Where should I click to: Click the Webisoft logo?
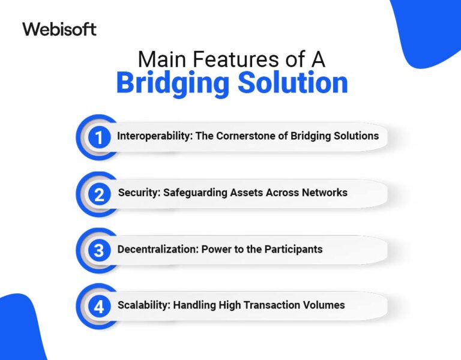[x=59, y=29]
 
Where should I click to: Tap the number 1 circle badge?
[x=99, y=137]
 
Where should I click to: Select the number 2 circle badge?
[x=99, y=194]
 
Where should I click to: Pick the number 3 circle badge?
[x=99, y=250]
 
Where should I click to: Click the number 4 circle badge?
[x=99, y=307]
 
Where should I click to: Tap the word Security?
[x=137, y=193]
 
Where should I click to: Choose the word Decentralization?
[x=155, y=248]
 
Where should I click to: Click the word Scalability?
[x=143, y=305]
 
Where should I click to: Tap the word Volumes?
[x=323, y=305]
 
